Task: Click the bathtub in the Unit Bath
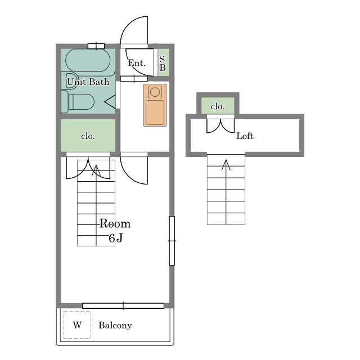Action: [88, 60]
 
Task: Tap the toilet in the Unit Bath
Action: [78, 102]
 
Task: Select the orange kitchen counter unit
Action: [155, 105]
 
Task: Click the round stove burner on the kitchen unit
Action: [155, 92]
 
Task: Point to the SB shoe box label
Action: [163, 63]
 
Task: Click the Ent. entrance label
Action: [137, 63]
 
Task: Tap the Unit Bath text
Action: [88, 82]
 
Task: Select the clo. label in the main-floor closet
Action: [88, 136]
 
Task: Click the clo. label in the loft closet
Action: [218, 106]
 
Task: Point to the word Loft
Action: [245, 136]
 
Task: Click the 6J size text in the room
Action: [116, 238]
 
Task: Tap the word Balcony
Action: [115, 325]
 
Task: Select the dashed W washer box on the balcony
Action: [77, 325]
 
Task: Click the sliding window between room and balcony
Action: [123, 305]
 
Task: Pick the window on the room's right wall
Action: [172, 241]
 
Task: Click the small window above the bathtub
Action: [96, 46]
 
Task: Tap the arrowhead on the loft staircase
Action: [226, 164]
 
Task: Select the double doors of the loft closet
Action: [220, 126]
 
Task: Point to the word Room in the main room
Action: [115, 224]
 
